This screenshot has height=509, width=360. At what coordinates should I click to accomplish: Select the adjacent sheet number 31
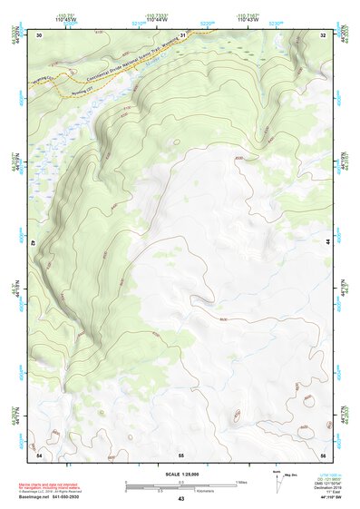click(182, 34)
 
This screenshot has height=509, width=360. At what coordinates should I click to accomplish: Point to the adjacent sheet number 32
click(324, 34)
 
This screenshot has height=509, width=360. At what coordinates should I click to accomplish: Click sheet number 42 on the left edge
click(34, 243)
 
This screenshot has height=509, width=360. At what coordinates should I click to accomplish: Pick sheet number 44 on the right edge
click(327, 243)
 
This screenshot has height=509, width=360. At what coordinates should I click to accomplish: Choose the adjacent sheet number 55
click(181, 453)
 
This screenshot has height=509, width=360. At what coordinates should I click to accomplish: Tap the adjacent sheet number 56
click(323, 453)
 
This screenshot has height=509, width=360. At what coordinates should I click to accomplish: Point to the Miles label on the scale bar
click(241, 482)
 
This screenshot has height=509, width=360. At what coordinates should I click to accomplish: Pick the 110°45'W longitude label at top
click(66, 19)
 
